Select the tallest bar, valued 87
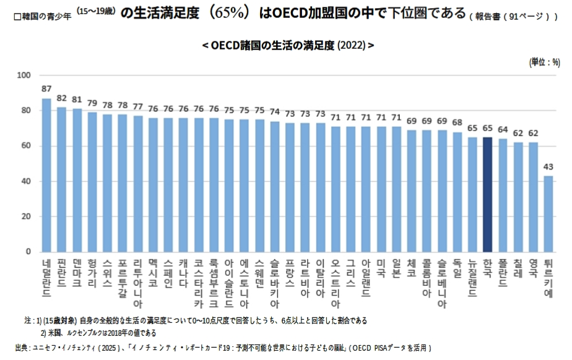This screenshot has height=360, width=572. point(46,175)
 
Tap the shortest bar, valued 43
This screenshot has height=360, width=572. point(548,213)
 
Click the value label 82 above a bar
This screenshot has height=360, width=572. point(61,98)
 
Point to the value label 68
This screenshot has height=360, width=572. point(457,122)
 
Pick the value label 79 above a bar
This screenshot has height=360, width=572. point(92,103)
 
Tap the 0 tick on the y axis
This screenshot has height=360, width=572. point(28,252)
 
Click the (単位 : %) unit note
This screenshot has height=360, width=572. point(545,62)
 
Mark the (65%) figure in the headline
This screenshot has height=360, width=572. point(230,14)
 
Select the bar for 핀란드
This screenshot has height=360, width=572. point(61,179)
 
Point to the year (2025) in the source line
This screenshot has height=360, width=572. point(106,348)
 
